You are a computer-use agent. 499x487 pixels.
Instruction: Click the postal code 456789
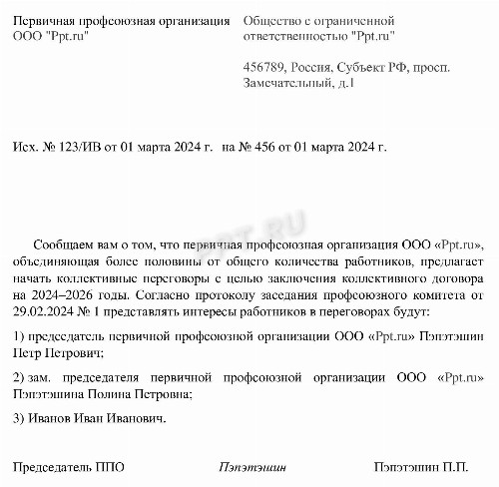[x=261, y=67]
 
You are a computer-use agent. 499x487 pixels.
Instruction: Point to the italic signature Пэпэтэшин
[x=251, y=466]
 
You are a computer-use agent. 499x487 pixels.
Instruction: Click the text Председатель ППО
[x=64, y=466]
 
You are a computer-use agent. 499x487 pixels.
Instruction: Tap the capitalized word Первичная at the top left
[x=48, y=20]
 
